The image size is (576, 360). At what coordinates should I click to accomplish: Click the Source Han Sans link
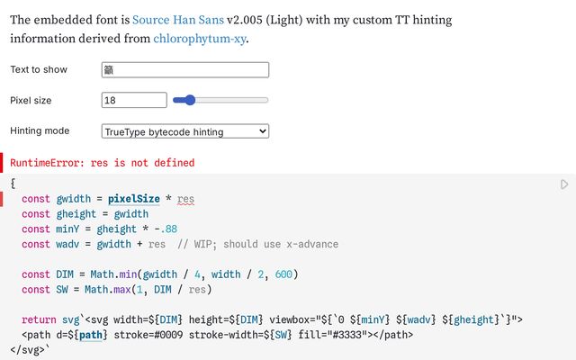pos(178,20)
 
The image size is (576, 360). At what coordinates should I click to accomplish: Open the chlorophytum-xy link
pos(200,39)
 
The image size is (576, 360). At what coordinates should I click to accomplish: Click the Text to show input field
pos(185,70)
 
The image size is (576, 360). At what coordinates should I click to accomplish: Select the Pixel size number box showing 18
pos(134,100)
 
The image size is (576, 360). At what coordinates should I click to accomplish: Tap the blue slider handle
pos(190,100)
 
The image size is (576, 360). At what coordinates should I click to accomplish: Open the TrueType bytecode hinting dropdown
pos(185,131)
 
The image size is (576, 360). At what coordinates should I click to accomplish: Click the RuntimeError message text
pos(102,163)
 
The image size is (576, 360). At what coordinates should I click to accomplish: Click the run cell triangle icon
pos(564,184)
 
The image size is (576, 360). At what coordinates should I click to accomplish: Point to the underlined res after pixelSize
pos(185,199)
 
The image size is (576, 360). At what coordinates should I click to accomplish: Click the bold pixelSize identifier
pos(134,199)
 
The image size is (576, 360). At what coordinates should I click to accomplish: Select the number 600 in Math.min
pos(283,274)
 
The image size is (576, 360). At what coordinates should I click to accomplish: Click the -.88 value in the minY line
pos(166,229)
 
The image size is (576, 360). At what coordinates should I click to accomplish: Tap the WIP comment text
pos(258,244)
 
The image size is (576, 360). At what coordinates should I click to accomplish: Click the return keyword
pos(39,320)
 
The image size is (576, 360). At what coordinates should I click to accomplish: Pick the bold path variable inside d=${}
pos(90,335)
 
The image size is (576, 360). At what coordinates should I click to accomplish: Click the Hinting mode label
pos(40,130)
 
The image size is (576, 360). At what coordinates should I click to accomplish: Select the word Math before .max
pos(96,290)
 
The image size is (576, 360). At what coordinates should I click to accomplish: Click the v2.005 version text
pos(245,20)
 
